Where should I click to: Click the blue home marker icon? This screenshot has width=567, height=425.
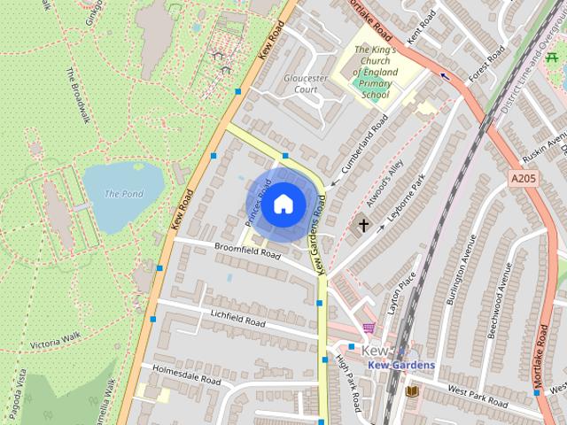point(282,204)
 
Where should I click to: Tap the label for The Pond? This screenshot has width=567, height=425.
point(123,193)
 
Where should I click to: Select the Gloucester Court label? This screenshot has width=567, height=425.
point(306,83)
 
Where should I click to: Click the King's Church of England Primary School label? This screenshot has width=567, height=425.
point(376,72)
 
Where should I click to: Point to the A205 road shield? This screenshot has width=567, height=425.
point(524,179)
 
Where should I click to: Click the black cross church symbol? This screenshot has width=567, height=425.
point(363,225)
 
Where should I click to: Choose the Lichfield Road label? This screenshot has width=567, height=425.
point(237,319)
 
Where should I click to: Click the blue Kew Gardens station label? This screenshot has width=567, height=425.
point(401,366)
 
